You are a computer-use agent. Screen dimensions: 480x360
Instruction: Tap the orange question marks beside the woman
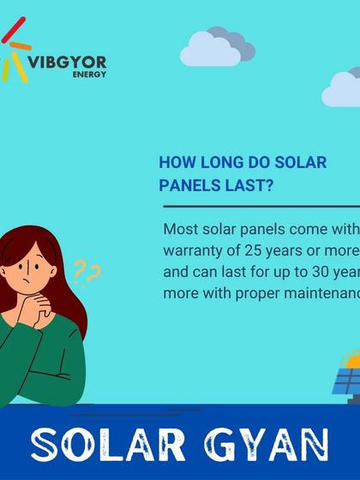point(87,273)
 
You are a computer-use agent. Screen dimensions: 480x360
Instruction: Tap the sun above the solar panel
point(351,359)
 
